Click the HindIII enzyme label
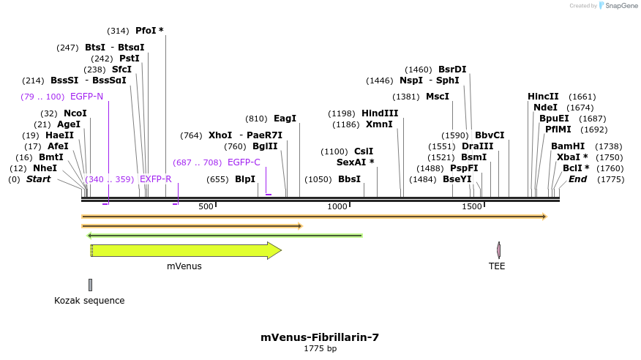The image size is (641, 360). (x=380, y=113)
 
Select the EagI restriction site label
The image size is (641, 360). (x=285, y=119)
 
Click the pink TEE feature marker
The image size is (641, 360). (x=498, y=251)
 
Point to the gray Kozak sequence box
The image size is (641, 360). (x=90, y=285)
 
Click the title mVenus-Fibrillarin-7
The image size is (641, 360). (x=320, y=337)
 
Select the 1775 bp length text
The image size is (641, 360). (x=320, y=349)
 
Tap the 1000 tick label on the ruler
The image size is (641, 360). (x=337, y=207)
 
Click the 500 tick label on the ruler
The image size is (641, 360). (x=206, y=207)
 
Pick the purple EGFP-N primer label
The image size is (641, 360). (x=86, y=97)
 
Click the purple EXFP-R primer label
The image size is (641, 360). (x=155, y=179)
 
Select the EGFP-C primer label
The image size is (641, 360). (x=244, y=162)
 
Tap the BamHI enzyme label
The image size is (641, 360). (x=568, y=146)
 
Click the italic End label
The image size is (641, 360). (x=577, y=179)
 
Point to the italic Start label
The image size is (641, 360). (x=38, y=179)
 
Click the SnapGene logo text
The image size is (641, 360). (x=621, y=6)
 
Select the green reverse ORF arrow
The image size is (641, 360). (x=225, y=236)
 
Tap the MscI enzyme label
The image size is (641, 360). (x=438, y=97)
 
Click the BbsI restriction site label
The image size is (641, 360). (x=349, y=179)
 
